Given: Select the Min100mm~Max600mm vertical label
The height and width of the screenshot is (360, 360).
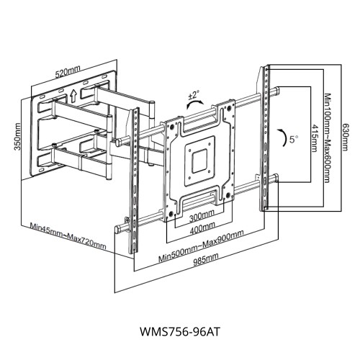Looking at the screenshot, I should [328, 137].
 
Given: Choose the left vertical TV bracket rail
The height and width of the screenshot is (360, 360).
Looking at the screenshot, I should [132, 180].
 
